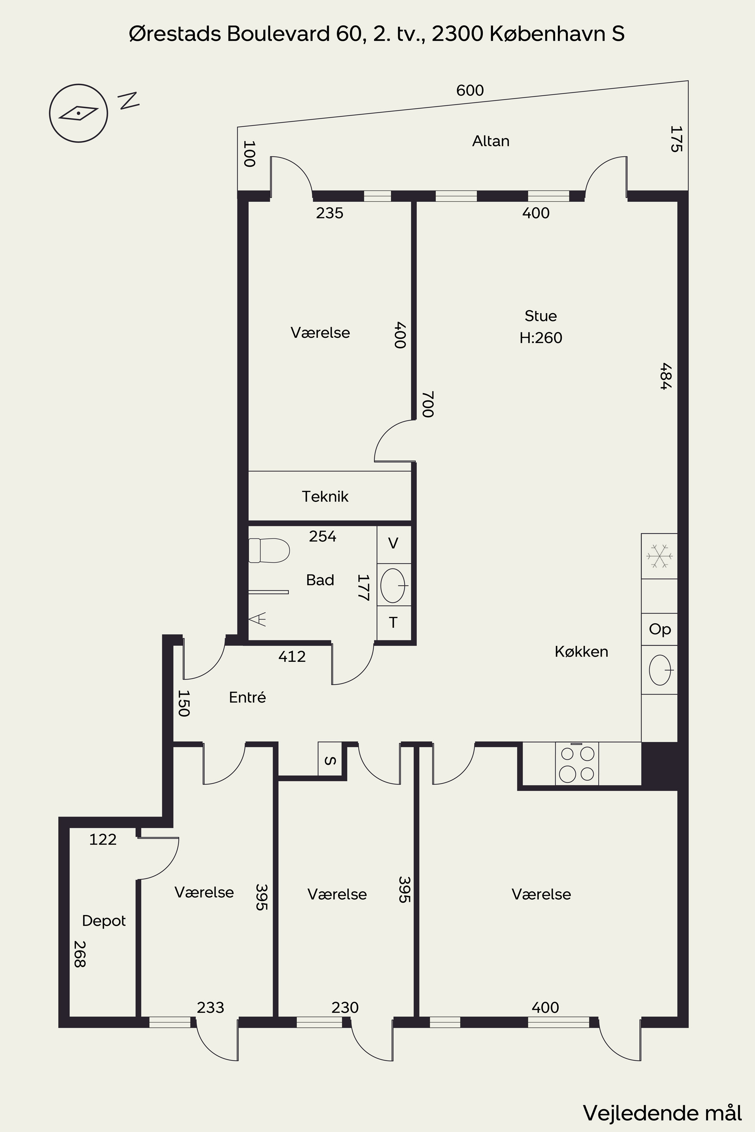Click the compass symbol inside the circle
(x=79, y=113)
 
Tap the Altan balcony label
(x=491, y=141)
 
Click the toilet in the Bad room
(x=269, y=550)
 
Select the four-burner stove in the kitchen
(x=577, y=763)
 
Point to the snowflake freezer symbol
(x=659, y=556)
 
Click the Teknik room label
(x=325, y=496)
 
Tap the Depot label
(x=104, y=921)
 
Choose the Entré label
(x=248, y=697)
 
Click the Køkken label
(x=581, y=651)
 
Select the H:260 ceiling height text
(x=541, y=338)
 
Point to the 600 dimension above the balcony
(x=470, y=91)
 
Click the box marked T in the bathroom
(x=394, y=623)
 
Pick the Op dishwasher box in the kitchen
(x=659, y=629)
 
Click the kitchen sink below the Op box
(x=659, y=669)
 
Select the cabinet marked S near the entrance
(x=330, y=758)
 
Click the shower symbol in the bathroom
(x=257, y=619)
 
